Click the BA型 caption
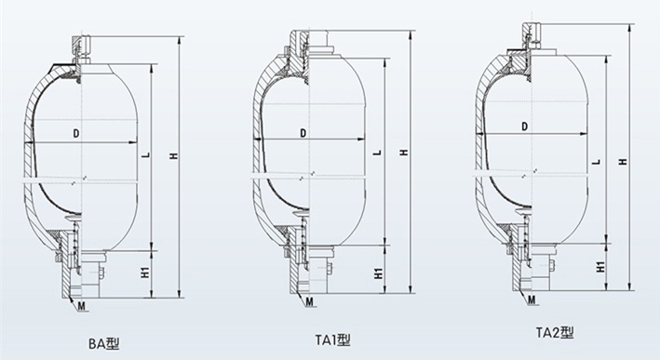pyautogui.click(x=104, y=343)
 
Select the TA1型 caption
pyautogui.click(x=332, y=340)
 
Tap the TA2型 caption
pyautogui.click(x=555, y=333)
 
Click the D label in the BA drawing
pyautogui.click(x=76, y=134)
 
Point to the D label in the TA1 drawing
pyautogui.click(x=303, y=133)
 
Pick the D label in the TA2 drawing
pyautogui.click(x=524, y=127)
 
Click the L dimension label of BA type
pyautogui.click(x=145, y=155)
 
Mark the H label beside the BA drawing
pyautogui.click(x=173, y=156)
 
